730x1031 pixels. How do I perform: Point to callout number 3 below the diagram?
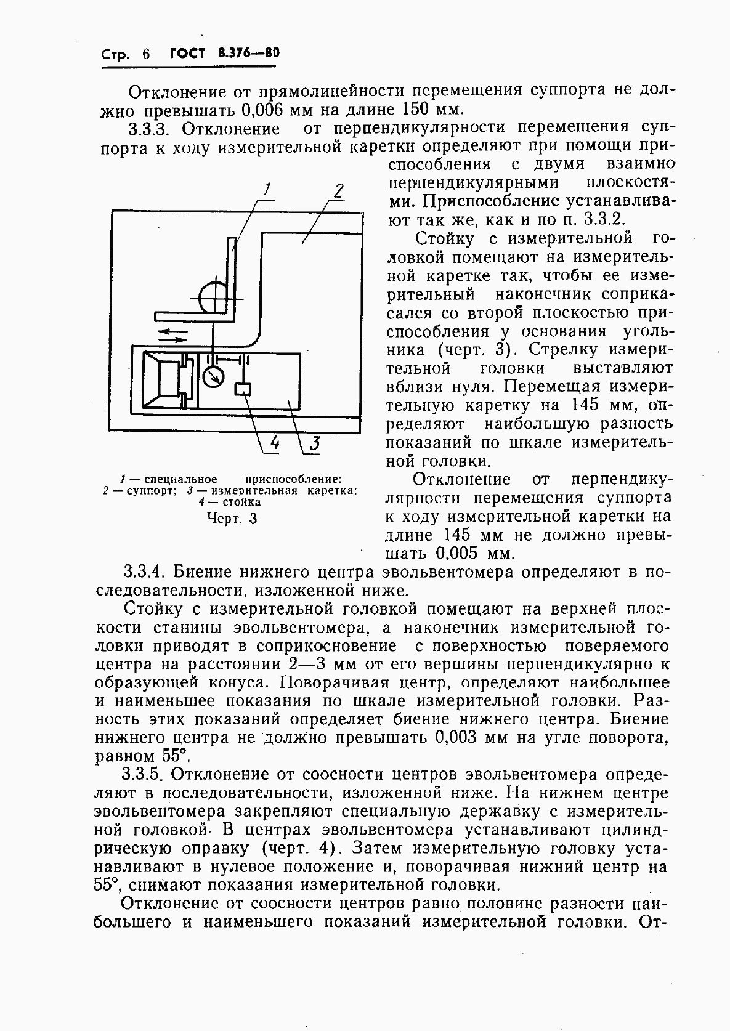[x=314, y=443]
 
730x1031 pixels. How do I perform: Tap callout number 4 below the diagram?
[x=274, y=443]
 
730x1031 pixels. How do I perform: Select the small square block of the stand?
[x=243, y=389]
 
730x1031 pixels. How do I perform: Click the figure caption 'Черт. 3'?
[x=232, y=519]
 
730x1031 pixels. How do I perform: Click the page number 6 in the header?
[x=145, y=54]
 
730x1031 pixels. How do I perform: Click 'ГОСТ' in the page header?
[x=187, y=53]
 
